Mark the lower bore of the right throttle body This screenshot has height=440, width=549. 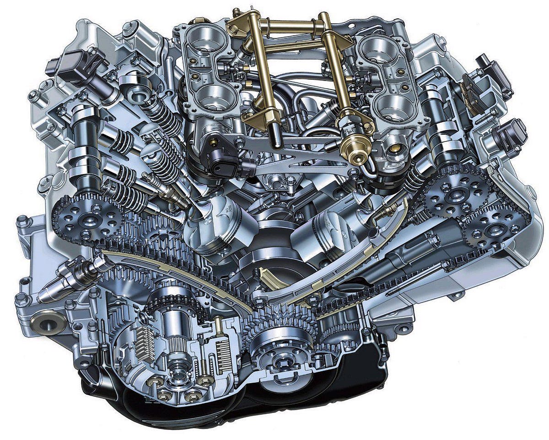pos(393,103)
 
